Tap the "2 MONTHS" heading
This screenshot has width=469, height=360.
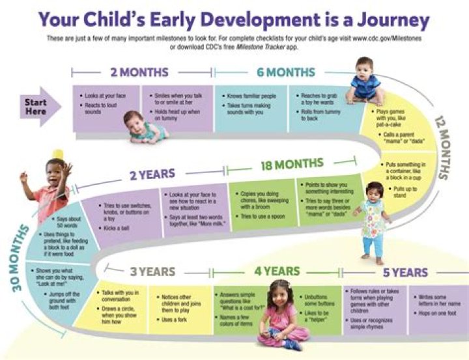[139, 72]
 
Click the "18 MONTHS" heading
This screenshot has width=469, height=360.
[291, 166]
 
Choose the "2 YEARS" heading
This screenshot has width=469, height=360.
[152, 174]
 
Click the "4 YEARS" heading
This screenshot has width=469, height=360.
[276, 271]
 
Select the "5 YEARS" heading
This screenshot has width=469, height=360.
[405, 272]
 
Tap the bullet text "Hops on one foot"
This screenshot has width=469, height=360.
[442, 313]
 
